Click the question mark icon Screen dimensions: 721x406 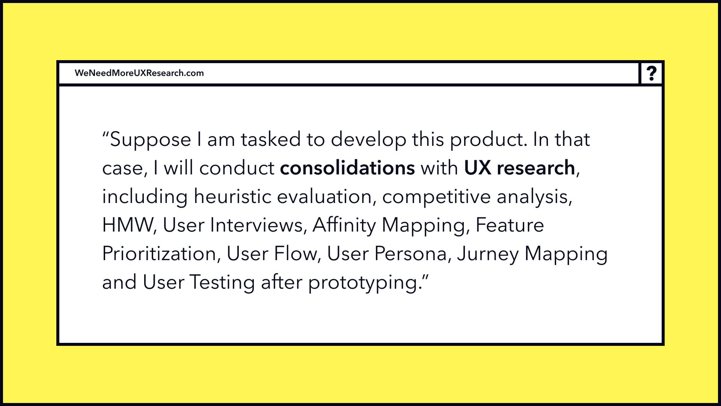pos(652,73)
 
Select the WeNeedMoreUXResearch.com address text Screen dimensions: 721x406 pos(139,73)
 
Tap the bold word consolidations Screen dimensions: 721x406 pos(347,168)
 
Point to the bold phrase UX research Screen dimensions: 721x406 pos(519,168)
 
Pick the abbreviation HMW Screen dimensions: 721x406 pos(127,225)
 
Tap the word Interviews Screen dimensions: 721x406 pos(256,225)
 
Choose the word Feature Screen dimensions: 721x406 pos(510,225)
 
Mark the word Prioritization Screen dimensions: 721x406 pos(159,253)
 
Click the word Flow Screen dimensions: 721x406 pos(295,253)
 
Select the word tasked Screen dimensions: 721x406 pos(271,139)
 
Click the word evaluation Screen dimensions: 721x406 pos(324,196)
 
